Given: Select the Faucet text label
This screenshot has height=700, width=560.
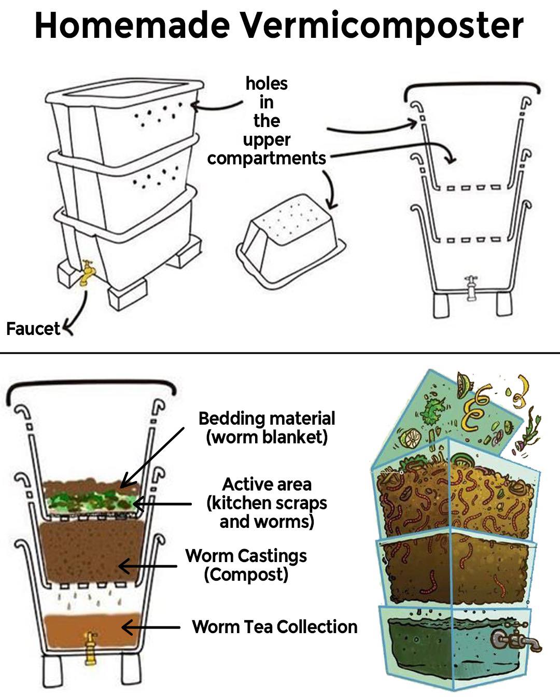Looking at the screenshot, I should pyautogui.click(x=33, y=329).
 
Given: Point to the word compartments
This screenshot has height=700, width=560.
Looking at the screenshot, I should pyautogui.click(x=266, y=158).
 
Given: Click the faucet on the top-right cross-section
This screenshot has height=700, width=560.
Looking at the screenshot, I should pyautogui.click(x=471, y=288).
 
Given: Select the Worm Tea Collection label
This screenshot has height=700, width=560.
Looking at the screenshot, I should pyautogui.click(x=274, y=627).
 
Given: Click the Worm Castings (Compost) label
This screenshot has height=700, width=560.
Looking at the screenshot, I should pyautogui.click(x=246, y=565).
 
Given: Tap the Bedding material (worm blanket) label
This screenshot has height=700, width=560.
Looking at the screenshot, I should pyautogui.click(x=267, y=428).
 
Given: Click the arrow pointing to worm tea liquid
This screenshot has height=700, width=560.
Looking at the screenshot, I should pyautogui.click(x=150, y=628).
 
